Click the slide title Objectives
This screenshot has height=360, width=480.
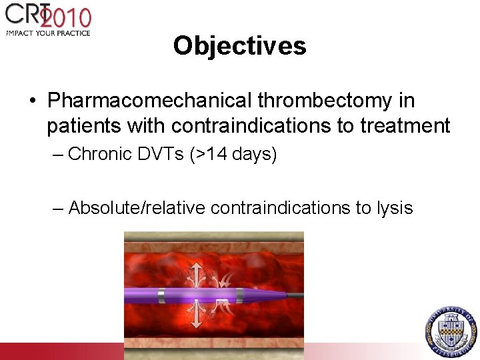point(239,46)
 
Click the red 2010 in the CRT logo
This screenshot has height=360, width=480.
point(67,17)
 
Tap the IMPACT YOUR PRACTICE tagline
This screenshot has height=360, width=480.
point(47,33)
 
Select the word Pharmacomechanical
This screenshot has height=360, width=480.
point(150,101)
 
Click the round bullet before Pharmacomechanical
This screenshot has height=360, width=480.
point(33,101)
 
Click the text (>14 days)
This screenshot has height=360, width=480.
point(233,155)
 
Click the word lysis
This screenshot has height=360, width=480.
point(393,208)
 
